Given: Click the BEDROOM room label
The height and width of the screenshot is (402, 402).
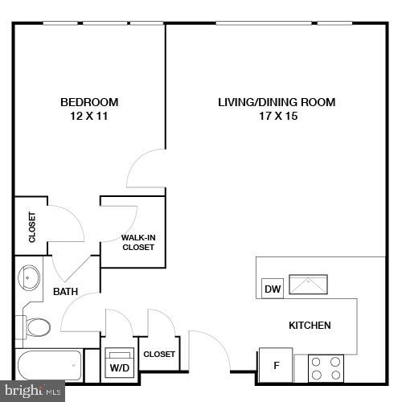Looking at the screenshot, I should (89, 102).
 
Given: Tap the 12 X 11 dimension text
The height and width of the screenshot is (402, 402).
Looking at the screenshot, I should (89, 117).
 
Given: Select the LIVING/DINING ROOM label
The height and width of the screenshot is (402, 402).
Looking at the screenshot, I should (277, 102).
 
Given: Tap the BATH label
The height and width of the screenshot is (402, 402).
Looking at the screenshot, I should (65, 292).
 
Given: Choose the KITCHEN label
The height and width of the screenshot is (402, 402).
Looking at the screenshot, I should (310, 326).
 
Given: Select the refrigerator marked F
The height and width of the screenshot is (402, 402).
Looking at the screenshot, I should (276, 365).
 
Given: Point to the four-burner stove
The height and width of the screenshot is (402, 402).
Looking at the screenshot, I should (326, 368).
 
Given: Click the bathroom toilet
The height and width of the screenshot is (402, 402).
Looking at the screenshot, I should (35, 326).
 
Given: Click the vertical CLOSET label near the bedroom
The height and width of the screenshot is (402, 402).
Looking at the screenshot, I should (32, 228).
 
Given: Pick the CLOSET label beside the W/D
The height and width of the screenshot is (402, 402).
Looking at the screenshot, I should (159, 354).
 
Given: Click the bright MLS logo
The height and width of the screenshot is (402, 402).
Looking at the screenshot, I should (32, 392).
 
